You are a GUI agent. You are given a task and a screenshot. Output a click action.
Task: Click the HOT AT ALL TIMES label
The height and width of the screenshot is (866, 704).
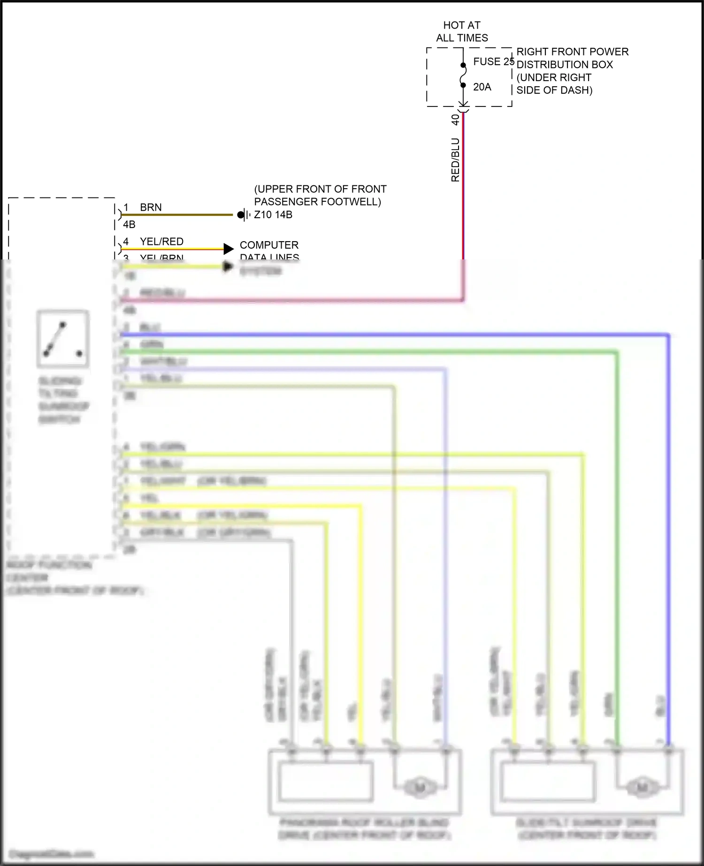pos(462,31)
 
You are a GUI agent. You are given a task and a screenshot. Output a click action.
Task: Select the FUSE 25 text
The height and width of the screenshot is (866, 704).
pos(493,61)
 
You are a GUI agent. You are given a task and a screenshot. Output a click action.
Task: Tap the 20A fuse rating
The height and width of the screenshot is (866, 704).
pos(482,87)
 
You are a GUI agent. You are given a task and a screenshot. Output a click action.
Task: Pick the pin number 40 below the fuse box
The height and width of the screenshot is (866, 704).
pos(455,120)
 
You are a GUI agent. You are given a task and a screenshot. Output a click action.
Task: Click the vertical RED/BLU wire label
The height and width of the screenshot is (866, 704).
pos(455,160)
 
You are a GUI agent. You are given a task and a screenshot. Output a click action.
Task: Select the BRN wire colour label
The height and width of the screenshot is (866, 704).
pos(151,207)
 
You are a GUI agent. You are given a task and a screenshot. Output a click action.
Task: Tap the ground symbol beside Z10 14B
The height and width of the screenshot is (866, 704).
pos(243,215)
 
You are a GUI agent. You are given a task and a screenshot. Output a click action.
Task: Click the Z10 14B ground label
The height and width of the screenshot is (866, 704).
pos(273,215)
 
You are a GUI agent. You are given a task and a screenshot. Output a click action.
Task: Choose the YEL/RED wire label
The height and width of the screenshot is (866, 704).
pos(161,242)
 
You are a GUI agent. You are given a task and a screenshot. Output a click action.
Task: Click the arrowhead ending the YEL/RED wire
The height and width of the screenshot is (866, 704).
pos(229,249)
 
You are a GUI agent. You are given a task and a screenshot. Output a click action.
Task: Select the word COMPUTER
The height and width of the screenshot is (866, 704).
pos(269,245)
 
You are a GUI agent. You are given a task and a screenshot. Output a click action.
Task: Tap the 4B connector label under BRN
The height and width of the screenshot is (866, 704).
pos(129,225)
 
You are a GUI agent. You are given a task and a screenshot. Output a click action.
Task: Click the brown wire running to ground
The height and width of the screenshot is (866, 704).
pos(178,215)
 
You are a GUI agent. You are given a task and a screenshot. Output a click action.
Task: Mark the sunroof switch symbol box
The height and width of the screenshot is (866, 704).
pos(63,338)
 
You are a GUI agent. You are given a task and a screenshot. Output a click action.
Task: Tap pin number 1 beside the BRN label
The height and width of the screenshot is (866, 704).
pos(126,207)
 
